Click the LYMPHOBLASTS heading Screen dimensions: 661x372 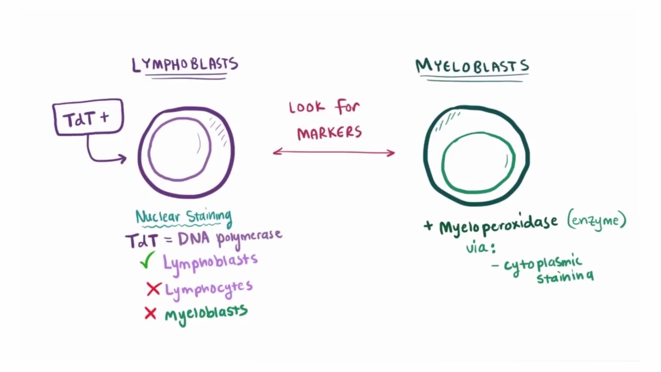pyautogui.click(x=185, y=65)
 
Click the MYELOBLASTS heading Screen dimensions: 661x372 pyautogui.click(x=472, y=67)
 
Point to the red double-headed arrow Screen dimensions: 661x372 pyautogui.click(x=334, y=152)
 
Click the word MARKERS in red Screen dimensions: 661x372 pyautogui.click(x=329, y=133)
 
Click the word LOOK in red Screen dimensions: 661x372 pyautogui.click(x=307, y=108)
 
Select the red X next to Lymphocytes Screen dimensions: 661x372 pyautogui.click(x=153, y=289)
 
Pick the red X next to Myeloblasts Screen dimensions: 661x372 pyautogui.click(x=150, y=313)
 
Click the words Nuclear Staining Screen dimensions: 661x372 pyautogui.click(x=183, y=216)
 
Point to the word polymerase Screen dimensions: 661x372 pyautogui.click(x=249, y=237)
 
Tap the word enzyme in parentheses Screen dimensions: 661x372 pyautogui.click(x=596, y=221)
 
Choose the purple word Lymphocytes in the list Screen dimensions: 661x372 pyautogui.click(x=209, y=288)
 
